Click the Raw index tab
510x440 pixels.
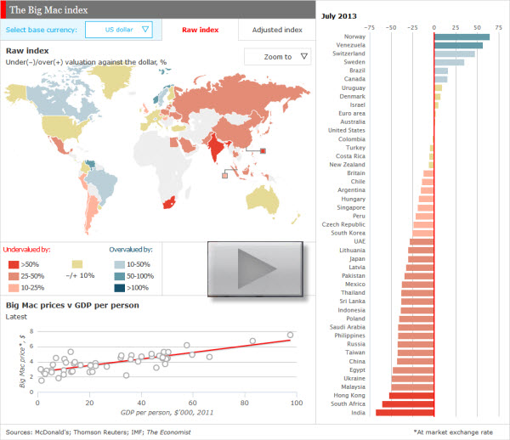coord(200,30)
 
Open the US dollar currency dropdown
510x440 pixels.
coord(118,30)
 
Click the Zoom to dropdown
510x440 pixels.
coord(276,57)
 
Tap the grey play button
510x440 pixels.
coord(256,268)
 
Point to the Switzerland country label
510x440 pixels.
coord(348,54)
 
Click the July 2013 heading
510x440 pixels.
coord(339,16)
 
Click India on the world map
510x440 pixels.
coord(218,145)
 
